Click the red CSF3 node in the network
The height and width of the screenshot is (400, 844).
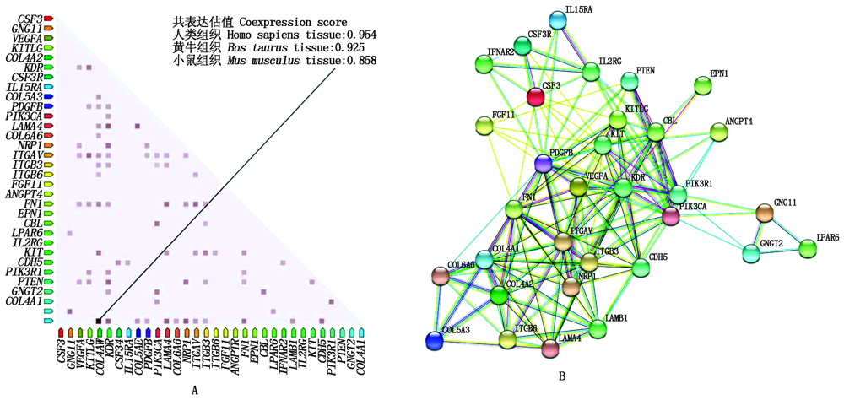535,96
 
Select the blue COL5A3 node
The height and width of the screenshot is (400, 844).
435,340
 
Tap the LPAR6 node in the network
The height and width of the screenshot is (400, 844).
808,248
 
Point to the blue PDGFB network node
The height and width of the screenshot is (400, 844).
544,164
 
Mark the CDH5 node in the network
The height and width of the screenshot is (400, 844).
641,268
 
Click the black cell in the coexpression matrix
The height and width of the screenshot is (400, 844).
99,322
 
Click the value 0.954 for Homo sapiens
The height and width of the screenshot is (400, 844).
358,35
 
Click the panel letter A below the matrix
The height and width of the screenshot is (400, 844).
195,389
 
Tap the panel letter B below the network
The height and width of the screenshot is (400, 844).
561,376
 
